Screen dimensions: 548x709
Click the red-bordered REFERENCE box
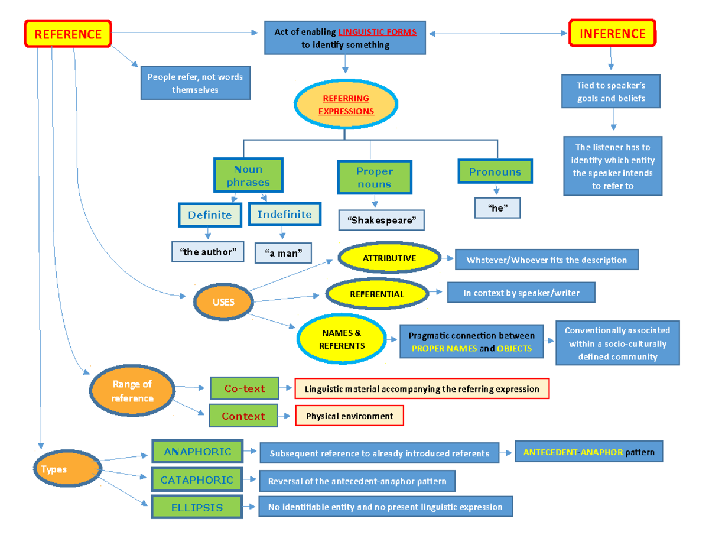(x=67, y=34)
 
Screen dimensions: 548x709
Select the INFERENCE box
(x=612, y=33)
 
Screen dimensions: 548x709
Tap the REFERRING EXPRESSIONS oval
(x=346, y=105)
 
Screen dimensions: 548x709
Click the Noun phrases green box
(x=248, y=176)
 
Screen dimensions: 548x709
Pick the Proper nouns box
(x=374, y=177)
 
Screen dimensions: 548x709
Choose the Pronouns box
(x=495, y=172)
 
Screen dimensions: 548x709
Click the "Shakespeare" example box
(x=381, y=221)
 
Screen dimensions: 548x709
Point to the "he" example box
(x=497, y=208)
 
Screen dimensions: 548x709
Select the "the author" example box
(x=207, y=252)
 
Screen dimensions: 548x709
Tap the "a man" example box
(x=282, y=253)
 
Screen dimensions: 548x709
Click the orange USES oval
(x=223, y=302)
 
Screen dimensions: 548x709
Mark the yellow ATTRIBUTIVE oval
(x=389, y=258)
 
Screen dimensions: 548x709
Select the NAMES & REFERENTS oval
(x=342, y=339)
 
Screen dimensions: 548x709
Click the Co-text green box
(x=244, y=388)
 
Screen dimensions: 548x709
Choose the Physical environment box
(x=349, y=416)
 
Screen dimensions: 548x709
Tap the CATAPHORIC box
(x=197, y=479)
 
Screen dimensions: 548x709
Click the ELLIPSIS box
(x=197, y=507)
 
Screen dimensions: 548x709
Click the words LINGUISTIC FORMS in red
(x=378, y=32)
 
